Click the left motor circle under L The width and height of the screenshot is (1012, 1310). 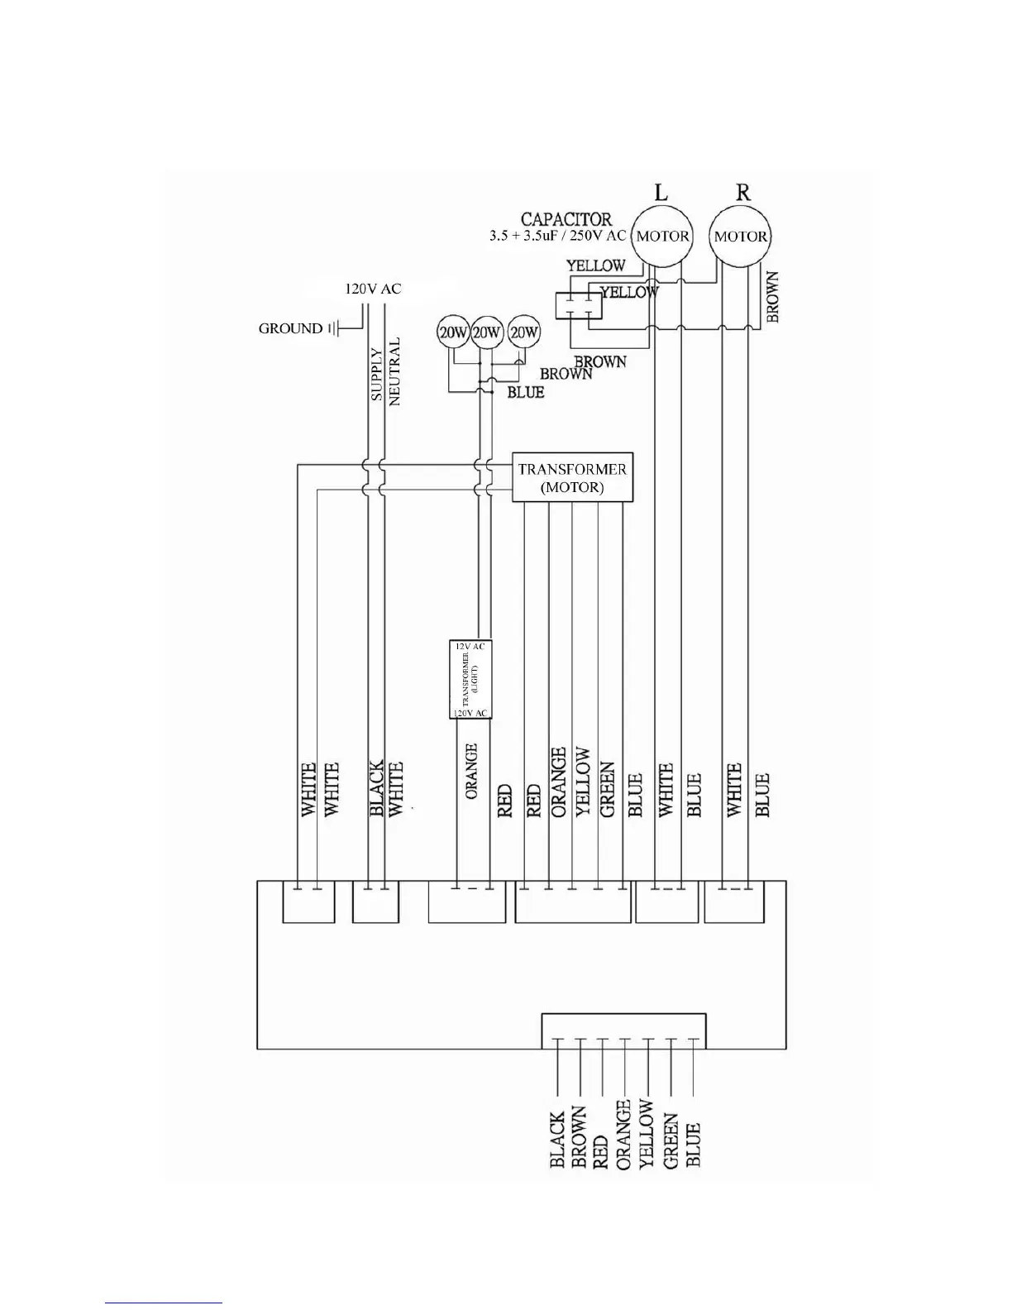point(662,236)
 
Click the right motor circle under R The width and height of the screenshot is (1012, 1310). point(741,236)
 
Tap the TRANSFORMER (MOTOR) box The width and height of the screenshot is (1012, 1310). point(572,477)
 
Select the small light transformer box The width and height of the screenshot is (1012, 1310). point(470,679)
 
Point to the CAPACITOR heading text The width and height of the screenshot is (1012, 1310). point(566,219)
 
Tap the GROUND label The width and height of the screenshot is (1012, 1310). point(290,328)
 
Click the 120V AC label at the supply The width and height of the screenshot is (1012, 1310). point(372,289)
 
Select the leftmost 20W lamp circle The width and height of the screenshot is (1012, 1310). point(453,332)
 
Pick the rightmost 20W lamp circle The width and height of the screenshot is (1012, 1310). point(523,332)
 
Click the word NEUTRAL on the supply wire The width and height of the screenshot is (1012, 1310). point(394,371)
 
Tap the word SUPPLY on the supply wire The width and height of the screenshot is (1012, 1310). point(377,375)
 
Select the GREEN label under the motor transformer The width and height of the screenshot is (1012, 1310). point(608,790)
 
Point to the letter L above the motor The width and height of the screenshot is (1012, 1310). point(661,193)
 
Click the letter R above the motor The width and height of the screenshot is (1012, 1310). point(742,193)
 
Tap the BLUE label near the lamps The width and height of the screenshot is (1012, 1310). point(525,392)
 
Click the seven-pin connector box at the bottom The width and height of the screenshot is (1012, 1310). point(623,1030)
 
